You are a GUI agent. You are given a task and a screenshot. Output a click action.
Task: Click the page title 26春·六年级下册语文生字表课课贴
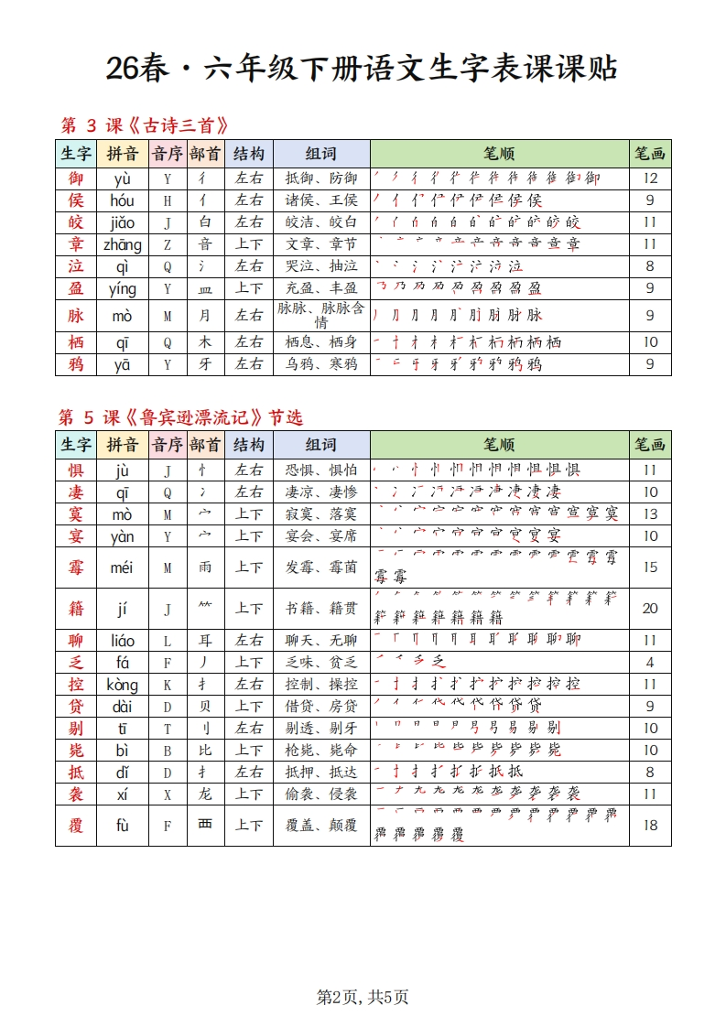point(362,68)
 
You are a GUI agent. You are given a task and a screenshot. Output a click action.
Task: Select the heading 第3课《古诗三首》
point(144,125)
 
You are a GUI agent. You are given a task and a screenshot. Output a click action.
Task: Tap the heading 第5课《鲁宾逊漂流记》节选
point(181,417)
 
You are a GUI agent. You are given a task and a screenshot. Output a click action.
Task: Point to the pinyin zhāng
point(122,244)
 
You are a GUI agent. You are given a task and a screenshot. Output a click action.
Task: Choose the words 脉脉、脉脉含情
point(321,315)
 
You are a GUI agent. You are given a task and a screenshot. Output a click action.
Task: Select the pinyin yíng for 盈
point(122,288)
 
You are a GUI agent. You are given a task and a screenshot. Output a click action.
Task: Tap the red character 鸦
point(76,364)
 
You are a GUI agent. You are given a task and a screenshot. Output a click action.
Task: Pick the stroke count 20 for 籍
point(650,609)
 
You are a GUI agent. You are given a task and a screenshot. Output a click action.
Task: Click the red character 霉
point(76,568)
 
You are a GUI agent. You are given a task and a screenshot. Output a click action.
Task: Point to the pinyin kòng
point(122,685)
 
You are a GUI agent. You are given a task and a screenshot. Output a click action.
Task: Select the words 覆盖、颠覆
point(321,826)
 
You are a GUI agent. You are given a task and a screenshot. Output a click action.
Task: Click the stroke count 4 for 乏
point(650,662)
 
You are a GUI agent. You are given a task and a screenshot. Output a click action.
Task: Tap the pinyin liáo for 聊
point(122,640)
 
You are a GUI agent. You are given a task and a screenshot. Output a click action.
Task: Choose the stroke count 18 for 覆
point(650,826)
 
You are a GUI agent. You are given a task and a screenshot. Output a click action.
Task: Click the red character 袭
point(76,794)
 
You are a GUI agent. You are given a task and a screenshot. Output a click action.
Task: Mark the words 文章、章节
point(321,244)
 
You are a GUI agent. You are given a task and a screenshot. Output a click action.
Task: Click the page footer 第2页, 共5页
point(363,997)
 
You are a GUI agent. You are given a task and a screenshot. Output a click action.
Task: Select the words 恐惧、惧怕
point(321,470)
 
